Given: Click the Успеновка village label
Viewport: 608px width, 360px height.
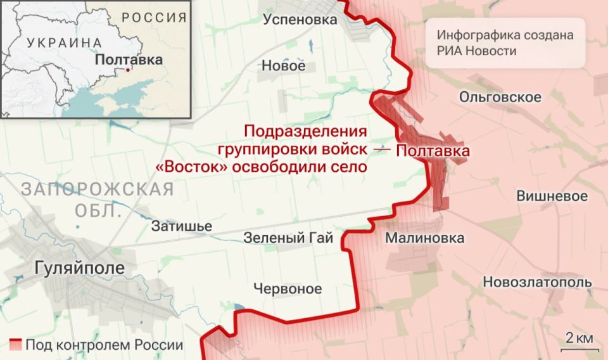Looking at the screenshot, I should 300,20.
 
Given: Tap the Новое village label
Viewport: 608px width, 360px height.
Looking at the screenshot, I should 283,66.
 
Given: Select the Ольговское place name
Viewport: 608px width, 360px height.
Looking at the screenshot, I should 500,97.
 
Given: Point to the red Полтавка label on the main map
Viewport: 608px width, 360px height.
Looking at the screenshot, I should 433,151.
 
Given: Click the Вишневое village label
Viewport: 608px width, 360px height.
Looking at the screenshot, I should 552,196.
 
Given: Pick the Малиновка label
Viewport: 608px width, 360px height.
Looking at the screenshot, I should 424,238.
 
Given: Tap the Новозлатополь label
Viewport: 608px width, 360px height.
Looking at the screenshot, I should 537,282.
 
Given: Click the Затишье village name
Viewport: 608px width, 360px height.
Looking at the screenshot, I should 182,226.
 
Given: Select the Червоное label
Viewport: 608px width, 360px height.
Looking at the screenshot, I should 288,289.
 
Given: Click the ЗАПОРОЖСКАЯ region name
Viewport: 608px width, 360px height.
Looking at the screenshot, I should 97,189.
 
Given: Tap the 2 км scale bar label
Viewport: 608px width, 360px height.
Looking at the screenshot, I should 579,338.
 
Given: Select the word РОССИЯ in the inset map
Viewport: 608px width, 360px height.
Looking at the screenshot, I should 154,17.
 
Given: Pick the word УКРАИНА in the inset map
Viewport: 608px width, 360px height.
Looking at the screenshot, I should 64,42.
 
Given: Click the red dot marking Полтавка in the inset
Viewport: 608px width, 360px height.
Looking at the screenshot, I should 128,70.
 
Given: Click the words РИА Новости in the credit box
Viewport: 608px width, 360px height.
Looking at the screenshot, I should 476,51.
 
